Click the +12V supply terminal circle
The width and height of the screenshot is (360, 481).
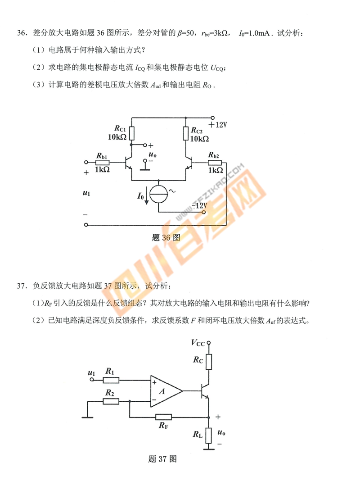(213, 118)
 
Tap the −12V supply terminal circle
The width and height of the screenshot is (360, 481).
(204, 212)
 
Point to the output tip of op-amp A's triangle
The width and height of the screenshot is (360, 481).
(183, 391)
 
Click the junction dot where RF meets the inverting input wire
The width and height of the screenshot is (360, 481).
(130, 401)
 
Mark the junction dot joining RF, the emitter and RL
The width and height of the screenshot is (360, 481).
(209, 417)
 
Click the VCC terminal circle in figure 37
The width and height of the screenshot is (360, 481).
(209, 343)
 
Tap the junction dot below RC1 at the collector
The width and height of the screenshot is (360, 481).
(131, 144)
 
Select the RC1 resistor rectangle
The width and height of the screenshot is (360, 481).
(131, 133)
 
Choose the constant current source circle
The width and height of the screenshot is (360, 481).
(159, 195)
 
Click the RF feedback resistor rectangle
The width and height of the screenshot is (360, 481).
(164, 417)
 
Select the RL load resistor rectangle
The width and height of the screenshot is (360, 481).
(209, 436)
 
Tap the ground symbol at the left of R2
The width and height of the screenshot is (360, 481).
(88, 417)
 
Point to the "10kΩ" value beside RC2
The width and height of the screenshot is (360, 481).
(200, 139)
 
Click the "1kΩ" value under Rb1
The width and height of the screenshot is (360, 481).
(102, 170)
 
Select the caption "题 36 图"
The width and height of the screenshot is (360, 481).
(166, 238)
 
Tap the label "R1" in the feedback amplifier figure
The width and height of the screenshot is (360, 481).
(110, 371)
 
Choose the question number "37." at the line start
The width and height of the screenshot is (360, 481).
(22, 286)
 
